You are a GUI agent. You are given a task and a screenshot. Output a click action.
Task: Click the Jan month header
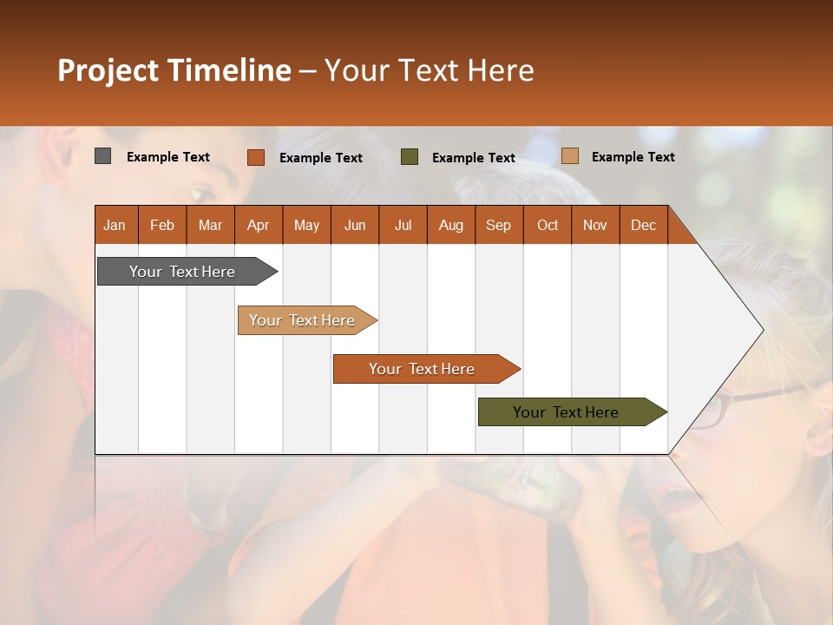pyautogui.click(x=115, y=225)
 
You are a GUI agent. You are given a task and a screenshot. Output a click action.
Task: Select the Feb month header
pyautogui.click(x=162, y=225)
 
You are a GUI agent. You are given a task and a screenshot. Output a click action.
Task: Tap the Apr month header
pyautogui.click(x=258, y=225)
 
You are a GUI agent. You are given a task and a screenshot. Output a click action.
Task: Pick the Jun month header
pyautogui.click(x=355, y=225)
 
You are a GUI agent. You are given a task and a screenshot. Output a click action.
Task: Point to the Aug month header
pyautogui.click(x=450, y=225)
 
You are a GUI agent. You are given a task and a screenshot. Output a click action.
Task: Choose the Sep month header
pyautogui.click(x=498, y=225)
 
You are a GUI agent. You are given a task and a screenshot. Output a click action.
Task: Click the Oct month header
pyautogui.click(x=548, y=225)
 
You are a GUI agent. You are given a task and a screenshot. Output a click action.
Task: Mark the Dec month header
pyautogui.click(x=643, y=225)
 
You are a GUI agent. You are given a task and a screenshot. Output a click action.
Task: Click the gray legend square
pyautogui.click(x=102, y=156)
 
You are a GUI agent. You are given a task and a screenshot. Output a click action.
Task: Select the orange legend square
pyautogui.click(x=255, y=157)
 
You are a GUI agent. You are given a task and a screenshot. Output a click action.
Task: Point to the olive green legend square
pyautogui.click(x=410, y=157)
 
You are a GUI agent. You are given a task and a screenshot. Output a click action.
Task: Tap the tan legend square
pyautogui.click(x=569, y=156)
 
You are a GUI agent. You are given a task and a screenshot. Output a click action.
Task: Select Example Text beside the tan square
pyautogui.click(x=633, y=157)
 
